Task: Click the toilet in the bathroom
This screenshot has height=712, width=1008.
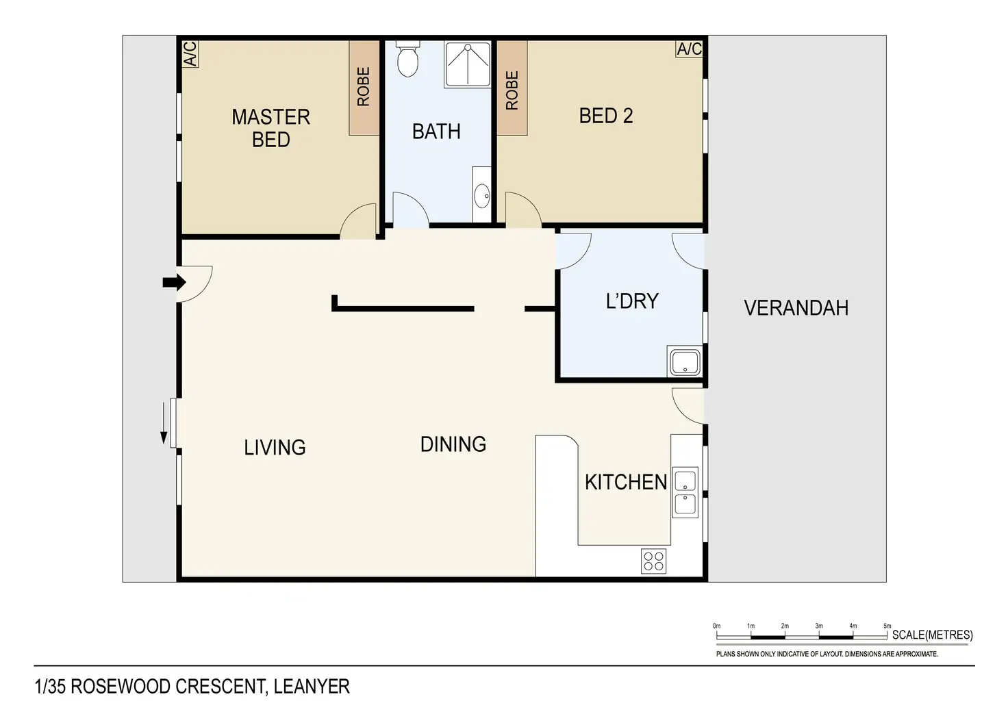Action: point(407,58)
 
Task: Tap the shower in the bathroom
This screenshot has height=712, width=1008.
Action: point(468,64)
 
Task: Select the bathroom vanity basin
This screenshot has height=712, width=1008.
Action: point(482,196)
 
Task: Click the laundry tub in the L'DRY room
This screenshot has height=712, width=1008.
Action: point(685,362)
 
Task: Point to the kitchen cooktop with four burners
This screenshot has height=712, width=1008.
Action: point(653,561)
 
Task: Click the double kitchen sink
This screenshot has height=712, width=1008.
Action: point(685,492)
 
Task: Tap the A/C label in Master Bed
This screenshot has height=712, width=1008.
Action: point(190,54)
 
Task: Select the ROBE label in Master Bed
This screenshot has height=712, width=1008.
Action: point(363,86)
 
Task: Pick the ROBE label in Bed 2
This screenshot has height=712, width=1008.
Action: point(512,90)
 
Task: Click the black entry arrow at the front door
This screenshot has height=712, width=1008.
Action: point(174,283)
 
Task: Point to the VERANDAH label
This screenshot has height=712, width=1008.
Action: point(796,308)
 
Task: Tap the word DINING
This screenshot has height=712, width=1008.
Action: point(453,444)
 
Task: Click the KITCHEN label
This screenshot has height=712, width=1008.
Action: point(626,482)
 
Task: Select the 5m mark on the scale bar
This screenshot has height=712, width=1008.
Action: point(887,626)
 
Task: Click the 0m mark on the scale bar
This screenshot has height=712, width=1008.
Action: point(717,626)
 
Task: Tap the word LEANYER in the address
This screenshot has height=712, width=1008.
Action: point(312,687)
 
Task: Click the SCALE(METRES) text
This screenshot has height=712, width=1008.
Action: point(933,635)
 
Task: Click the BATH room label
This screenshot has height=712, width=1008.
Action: point(436,131)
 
